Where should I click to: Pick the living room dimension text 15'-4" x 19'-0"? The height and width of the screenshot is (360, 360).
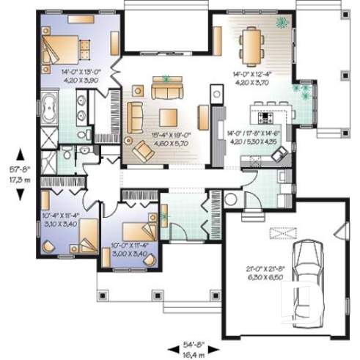tap(170, 139)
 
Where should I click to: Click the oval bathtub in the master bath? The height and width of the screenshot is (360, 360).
tap(49, 109)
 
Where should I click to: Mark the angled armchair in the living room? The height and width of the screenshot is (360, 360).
tap(142, 151)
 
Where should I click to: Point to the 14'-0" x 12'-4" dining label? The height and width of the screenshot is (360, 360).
tap(253, 78)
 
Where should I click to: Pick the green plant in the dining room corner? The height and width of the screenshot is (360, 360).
tap(281, 24)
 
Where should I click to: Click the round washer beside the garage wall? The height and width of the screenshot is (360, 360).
tap(230, 199)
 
